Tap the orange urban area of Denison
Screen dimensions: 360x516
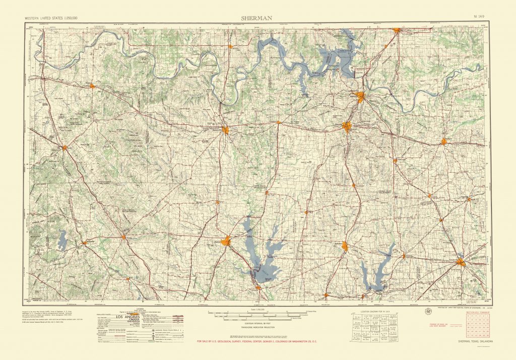tap(361, 96)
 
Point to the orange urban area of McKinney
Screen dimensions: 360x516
tap(345, 246)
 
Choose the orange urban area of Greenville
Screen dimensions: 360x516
tap(461, 261)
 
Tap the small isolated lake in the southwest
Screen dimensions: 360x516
tap(62, 240)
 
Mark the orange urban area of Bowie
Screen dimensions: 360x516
tap(64, 148)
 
